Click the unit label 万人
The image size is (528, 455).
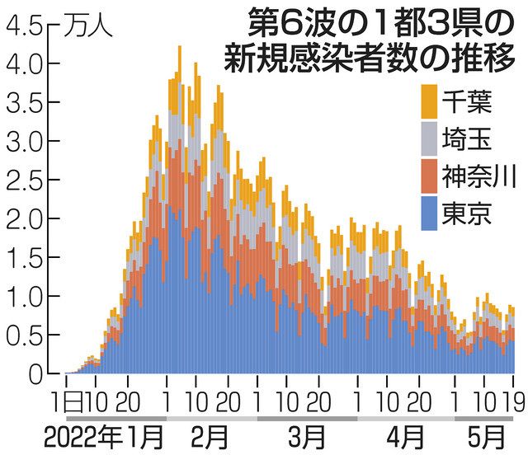(88, 28)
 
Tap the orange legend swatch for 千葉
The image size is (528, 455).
(429, 101)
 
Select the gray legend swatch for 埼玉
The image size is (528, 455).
(429, 138)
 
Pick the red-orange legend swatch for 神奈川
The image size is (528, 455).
(429, 176)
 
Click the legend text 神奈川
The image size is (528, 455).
(478, 176)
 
